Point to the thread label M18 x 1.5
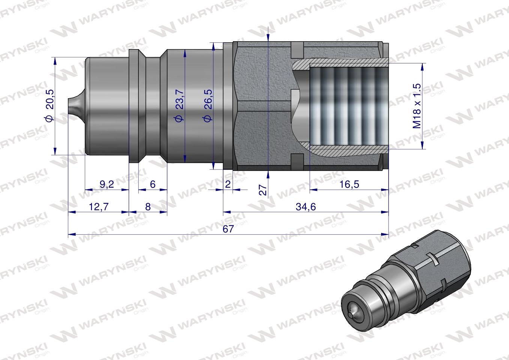click(x=417, y=106)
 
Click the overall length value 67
click(x=228, y=229)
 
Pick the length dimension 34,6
click(x=306, y=206)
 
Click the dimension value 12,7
click(x=98, y=206)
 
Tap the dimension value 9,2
click(x=107, y=184)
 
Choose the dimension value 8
click(x=148, y=206)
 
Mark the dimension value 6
click(x=152, y=184)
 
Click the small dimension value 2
click(x=228, y=184)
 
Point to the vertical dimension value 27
click(x=263, y=190)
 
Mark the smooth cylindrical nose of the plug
click(x=107, y=106)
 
